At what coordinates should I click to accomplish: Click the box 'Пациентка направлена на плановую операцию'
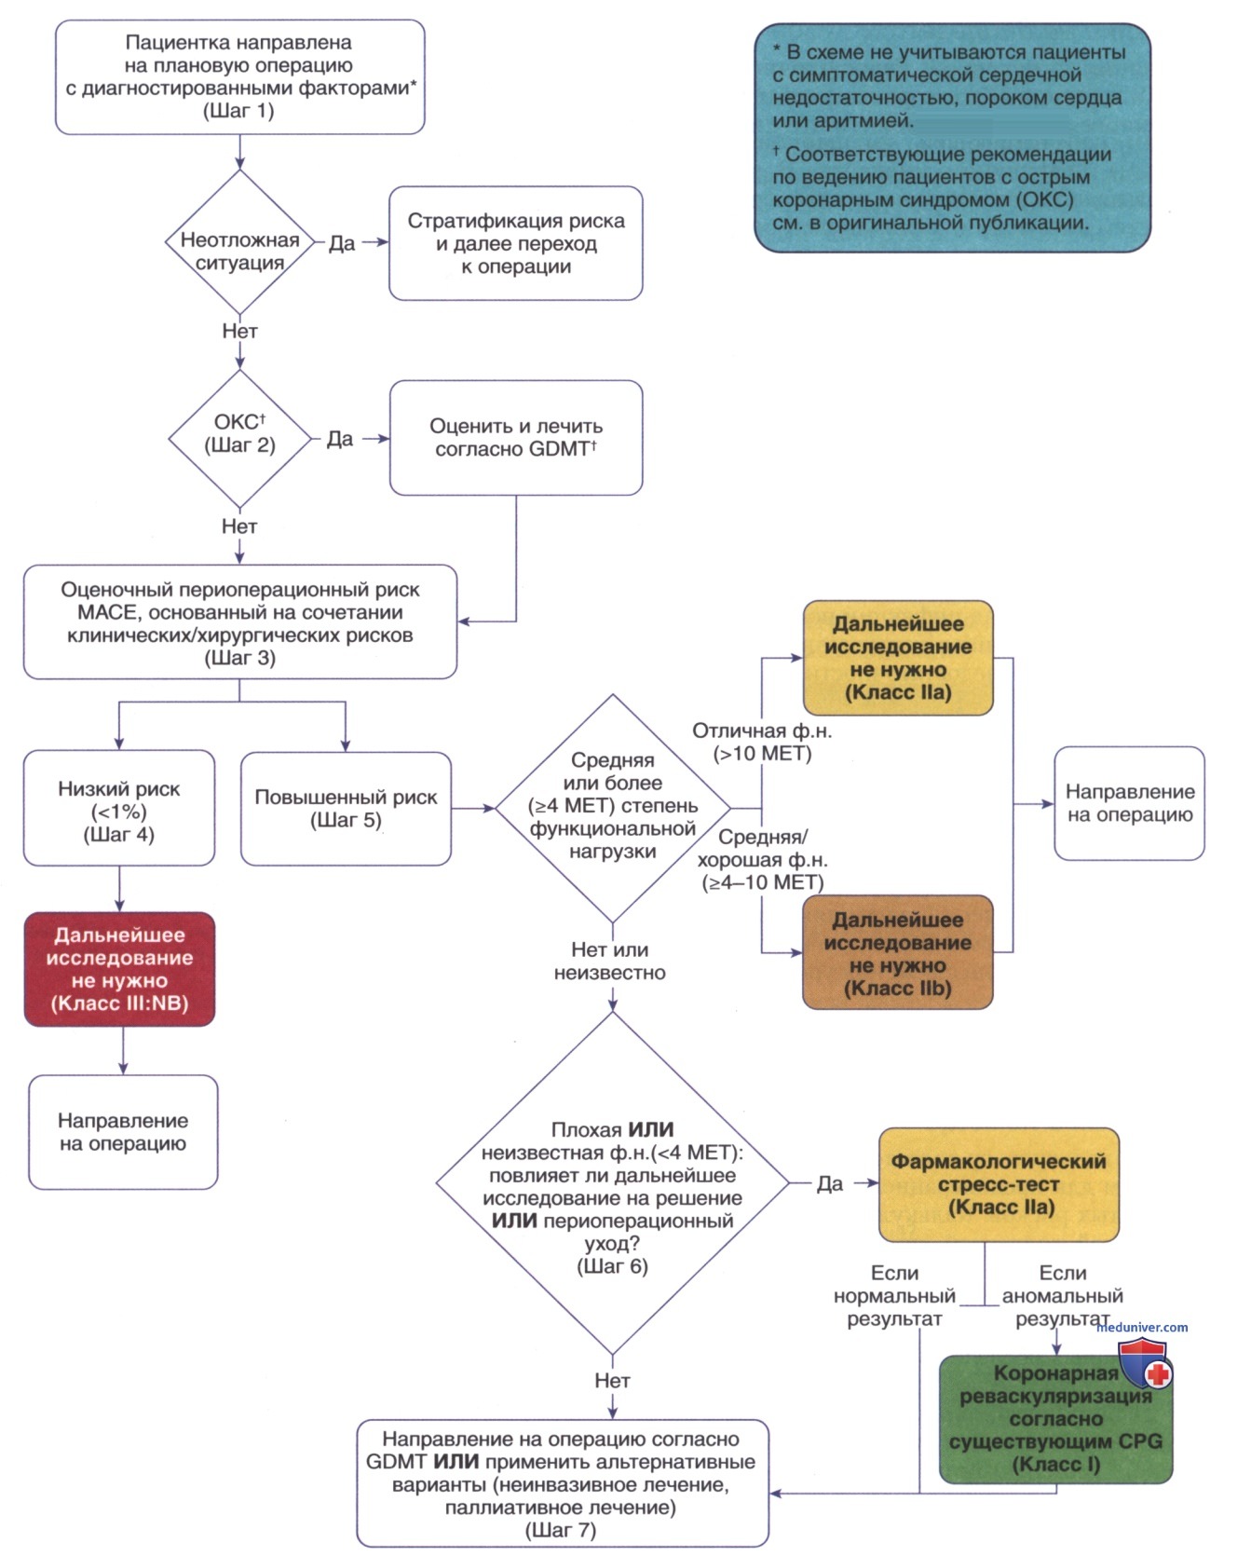click(x=240, y=77)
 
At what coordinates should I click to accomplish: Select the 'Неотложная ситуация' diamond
click(x=239, y=241)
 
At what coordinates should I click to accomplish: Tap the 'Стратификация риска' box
click(x=516, y=243)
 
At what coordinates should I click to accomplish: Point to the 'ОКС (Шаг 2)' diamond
click(x=239, y=438)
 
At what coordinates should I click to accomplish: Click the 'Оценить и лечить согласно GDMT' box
click(x=516, y=437)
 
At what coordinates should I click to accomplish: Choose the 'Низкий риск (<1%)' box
click(x=119, y=809)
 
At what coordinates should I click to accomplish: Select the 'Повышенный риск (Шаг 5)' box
click(x=346, y=809)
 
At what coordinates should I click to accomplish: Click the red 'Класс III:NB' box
click(x=119, y=969)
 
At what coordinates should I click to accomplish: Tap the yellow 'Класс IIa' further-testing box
click(x=898, y=658)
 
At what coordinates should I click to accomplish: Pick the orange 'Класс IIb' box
click(x=898, y=952)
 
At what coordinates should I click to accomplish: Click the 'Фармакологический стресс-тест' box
click(x=999, y=1184)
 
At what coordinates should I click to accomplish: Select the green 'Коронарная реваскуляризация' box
click(x=1055, y=1419)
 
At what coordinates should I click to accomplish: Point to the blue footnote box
click(x=952, y=138)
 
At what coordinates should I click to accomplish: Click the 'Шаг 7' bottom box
click(x=562, y=1483)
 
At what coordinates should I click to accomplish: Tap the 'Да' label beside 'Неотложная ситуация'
click(x=342, y=243)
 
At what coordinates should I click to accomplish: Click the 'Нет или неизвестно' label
click(x=610, y=962)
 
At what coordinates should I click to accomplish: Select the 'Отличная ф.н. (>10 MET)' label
click(x=762, y=743)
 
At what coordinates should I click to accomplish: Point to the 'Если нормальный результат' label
click(x=894, y=1296)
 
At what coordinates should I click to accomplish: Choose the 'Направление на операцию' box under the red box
click(x=123, y=1132)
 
